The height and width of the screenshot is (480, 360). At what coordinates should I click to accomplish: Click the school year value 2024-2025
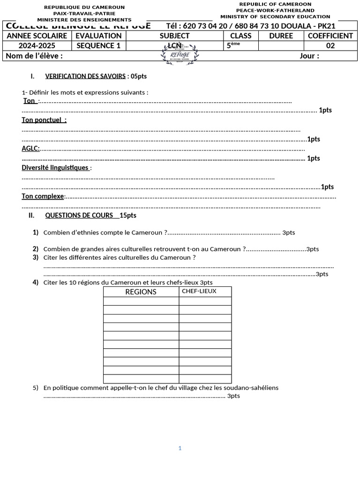37,45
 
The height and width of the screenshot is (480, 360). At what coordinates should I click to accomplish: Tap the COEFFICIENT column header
330,36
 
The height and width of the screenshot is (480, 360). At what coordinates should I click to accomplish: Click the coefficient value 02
330,45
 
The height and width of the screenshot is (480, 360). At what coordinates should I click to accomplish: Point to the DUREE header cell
281,36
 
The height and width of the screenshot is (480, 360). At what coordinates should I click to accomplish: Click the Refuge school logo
181,55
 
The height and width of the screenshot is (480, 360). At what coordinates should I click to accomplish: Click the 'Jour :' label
309,56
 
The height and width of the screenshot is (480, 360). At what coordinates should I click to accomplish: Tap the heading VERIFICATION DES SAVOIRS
85,76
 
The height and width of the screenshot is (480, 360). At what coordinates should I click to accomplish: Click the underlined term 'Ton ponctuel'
44,120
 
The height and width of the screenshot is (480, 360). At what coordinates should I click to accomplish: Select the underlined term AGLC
30,149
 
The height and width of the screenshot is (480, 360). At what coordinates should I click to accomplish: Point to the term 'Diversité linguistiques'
55,167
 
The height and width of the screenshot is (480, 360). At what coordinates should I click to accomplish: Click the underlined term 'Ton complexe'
43,196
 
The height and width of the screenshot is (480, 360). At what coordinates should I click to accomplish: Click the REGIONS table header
141,292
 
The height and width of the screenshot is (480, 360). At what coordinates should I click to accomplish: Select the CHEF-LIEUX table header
199,291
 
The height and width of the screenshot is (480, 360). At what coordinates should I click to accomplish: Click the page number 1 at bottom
180,448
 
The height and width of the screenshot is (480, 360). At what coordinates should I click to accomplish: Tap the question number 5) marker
36,388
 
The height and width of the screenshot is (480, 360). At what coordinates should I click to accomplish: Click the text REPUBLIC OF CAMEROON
275,4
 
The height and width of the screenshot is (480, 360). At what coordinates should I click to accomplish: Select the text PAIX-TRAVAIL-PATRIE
84,14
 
